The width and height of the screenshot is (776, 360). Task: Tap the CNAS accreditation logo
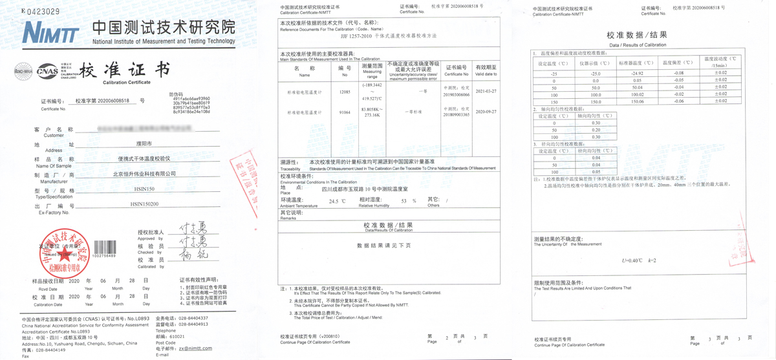click(x=47, y=70)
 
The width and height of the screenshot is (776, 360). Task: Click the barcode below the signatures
click(x=103, y=248)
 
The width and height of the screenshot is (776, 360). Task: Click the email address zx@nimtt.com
click(x=195, y=348)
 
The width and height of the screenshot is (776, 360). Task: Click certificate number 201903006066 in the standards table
click(x=456, y=94)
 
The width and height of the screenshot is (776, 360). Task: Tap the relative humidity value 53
click(x=404, y=202)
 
